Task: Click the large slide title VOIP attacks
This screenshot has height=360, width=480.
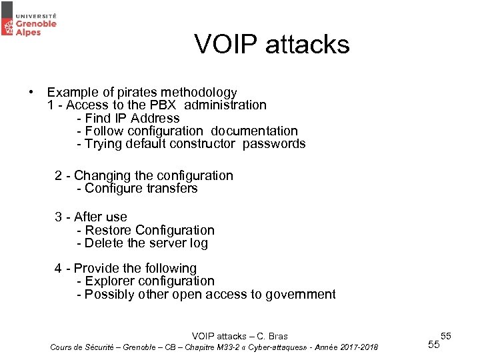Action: pyautogui.click(x=271, y=44)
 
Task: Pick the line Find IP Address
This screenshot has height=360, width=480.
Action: pyautogui.click(x=128, y=118)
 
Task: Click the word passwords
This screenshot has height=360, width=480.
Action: pyautogui.click(x=274, y=143)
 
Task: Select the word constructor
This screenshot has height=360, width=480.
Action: pyautogui.click(x=202, y=143)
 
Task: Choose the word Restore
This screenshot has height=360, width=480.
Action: pyautogui.click(x=109, y=230)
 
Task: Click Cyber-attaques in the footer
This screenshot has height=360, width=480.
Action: pyautogui.click(x=273, y=347)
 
